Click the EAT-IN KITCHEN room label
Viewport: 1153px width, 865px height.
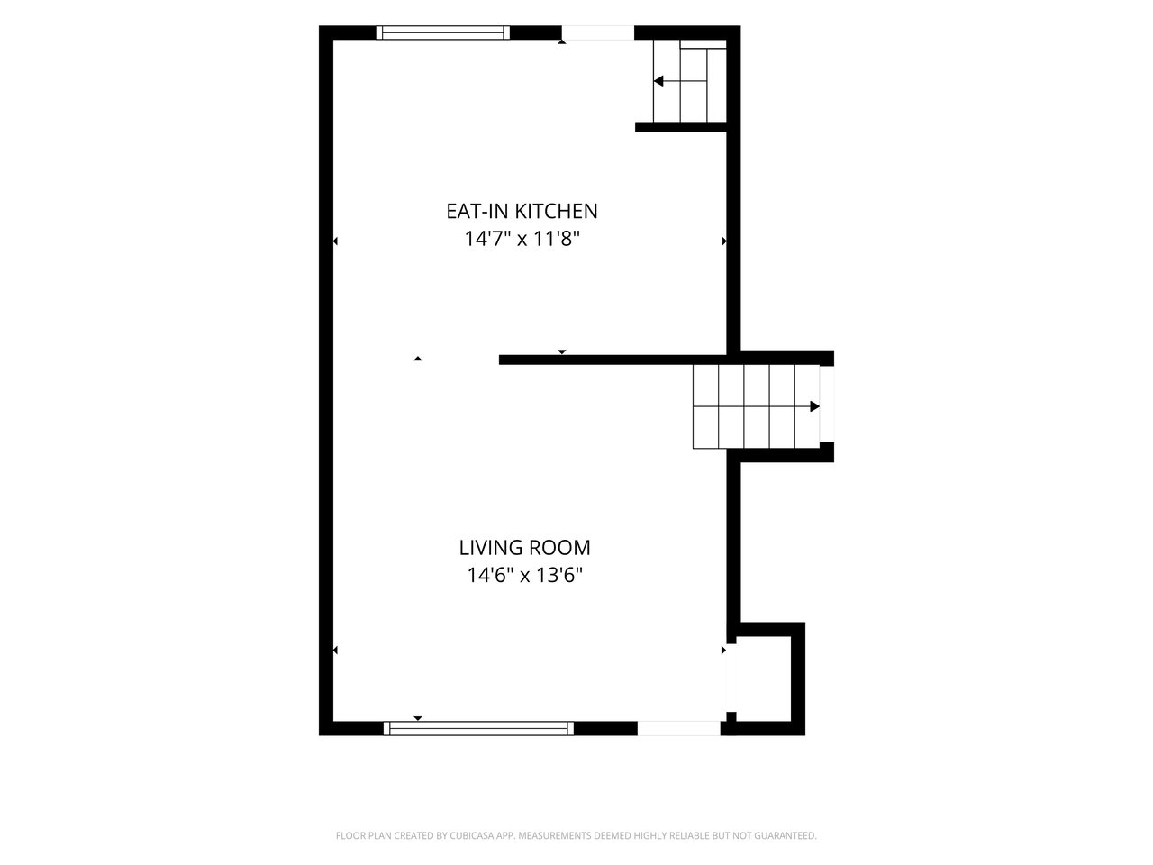pos(522,211)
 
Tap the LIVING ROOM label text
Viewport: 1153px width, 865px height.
pos(525,548)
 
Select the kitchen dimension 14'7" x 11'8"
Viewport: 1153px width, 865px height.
pos(522,240)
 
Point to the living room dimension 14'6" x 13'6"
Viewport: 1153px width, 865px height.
pos(525,576)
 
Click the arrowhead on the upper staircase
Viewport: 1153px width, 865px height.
pos(658,81)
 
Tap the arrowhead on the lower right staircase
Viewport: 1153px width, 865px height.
pos(814,406)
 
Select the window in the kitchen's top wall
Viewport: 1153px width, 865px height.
pos(443,32)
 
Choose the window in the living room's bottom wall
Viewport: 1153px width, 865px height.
pos(478,728)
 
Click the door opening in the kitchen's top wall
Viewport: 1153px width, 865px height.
pos(598,32)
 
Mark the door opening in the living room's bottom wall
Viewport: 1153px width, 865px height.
pos(678,728)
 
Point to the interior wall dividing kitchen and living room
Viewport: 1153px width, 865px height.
pos(613,360)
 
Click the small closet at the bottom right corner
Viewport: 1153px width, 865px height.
pos(764,678)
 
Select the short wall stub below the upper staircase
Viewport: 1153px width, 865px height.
pos(681,126)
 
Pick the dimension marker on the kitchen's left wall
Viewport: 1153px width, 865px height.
pos(336,241)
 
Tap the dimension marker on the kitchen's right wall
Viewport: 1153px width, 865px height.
pos(724,241)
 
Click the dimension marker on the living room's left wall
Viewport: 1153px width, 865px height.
pos(336,651)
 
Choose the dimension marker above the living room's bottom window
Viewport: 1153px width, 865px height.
pos(418,718)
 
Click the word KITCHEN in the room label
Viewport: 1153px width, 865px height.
pos(556,211)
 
